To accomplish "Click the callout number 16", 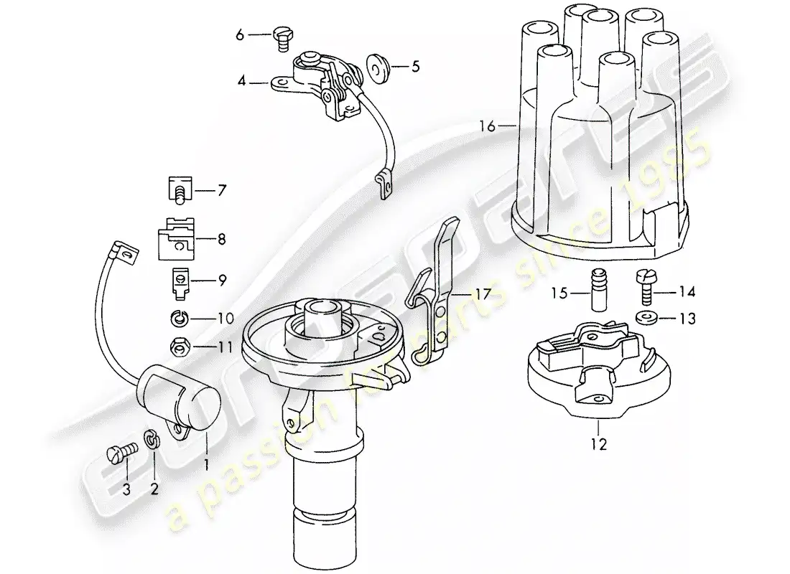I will (x=488, y=127).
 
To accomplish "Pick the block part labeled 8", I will (x=175, y=237).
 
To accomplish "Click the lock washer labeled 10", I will (x=178, y=317).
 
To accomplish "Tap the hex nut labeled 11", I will (x=179, y=348).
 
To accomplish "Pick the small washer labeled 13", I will (x=645, y=318).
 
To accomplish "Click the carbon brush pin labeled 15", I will (x=598, y=289).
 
